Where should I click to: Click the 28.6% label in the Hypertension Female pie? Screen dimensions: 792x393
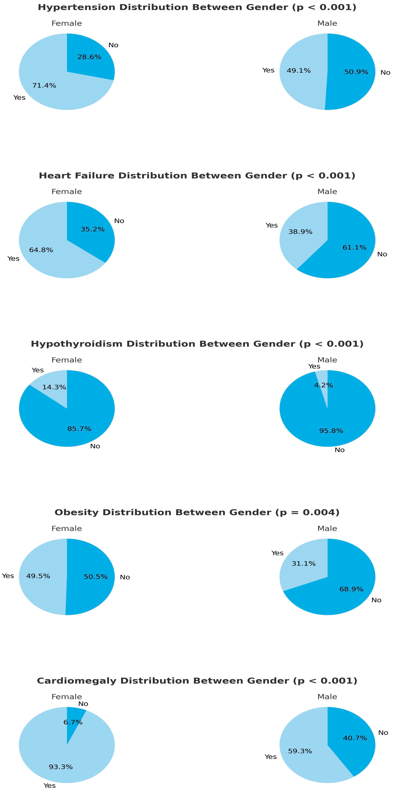[x=89, y=57]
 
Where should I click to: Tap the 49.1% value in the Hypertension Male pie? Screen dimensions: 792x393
[x=299, y=71]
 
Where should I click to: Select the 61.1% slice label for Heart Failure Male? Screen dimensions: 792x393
[x=354, y=247]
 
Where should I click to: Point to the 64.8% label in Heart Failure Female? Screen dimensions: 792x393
[x=41, y=250]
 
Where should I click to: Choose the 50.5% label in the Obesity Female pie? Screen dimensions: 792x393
[x=96, y=577]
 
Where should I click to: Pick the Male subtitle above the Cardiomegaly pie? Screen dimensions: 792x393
[x=327, y=697]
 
